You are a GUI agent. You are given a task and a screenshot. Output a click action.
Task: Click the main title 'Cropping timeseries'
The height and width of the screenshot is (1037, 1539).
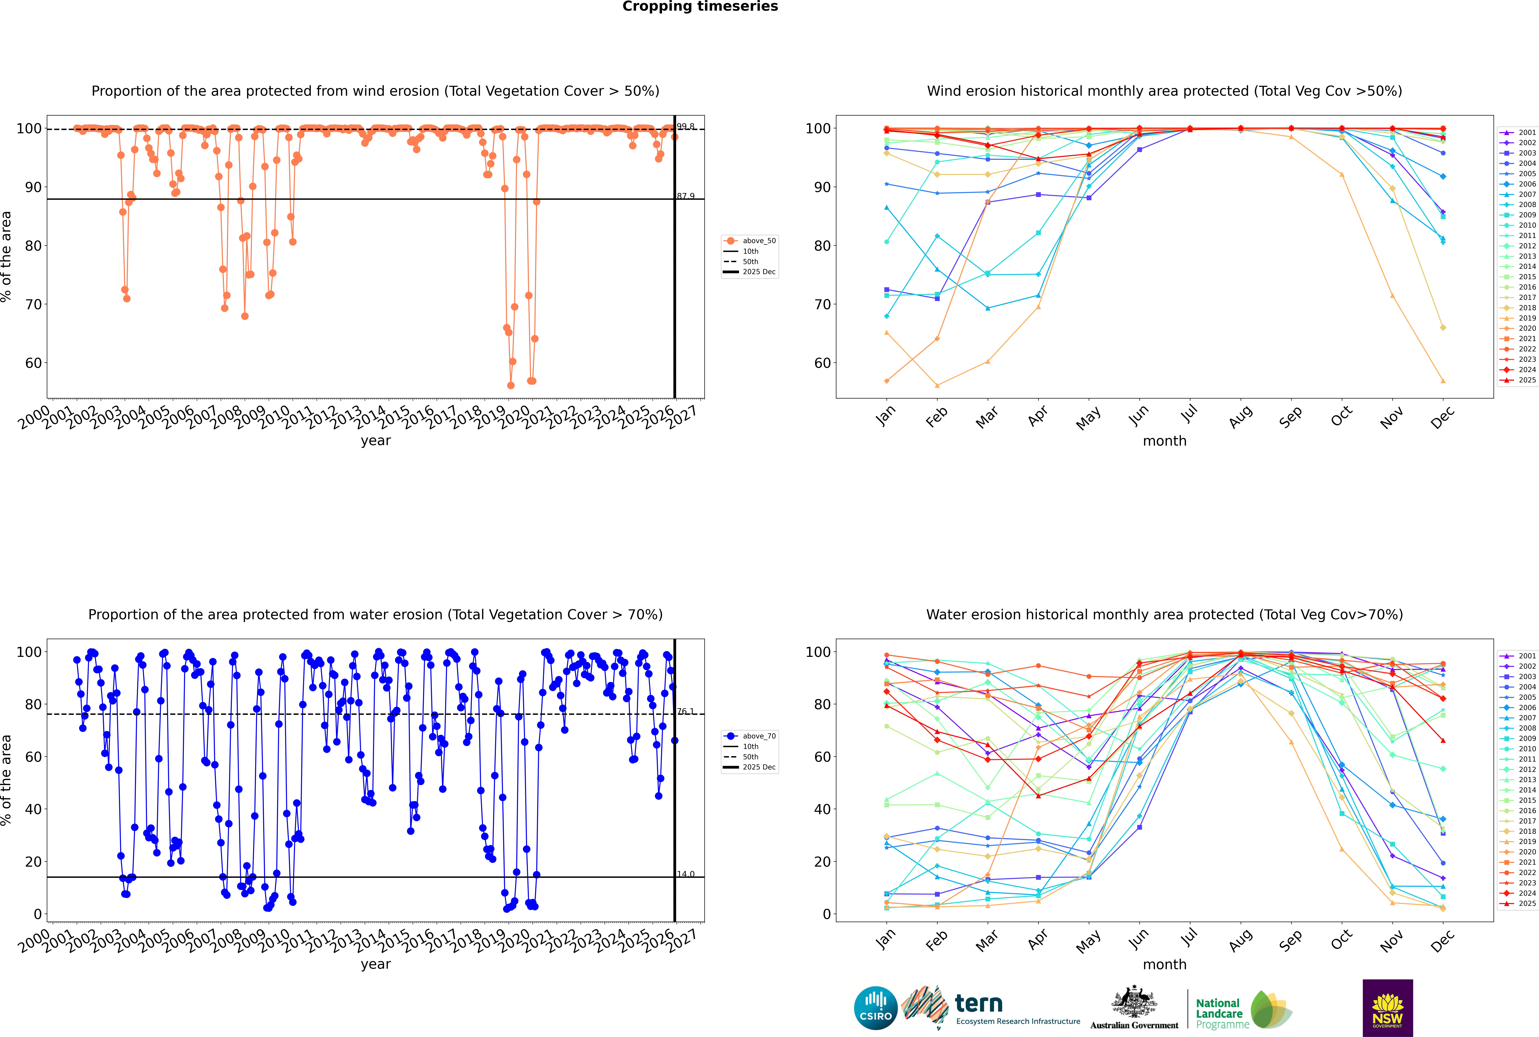tap(700, 7)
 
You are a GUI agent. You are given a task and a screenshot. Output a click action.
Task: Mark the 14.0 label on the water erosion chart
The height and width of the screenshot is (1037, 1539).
tap(686, 874)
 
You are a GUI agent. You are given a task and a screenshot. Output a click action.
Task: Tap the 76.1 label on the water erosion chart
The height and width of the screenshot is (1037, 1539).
tap(686, 712)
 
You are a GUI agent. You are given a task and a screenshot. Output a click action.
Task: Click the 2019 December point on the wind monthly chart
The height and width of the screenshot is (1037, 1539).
tap(1443, 381)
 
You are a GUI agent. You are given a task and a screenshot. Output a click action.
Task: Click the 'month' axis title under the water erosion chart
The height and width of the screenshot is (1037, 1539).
tap(1164, 964)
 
